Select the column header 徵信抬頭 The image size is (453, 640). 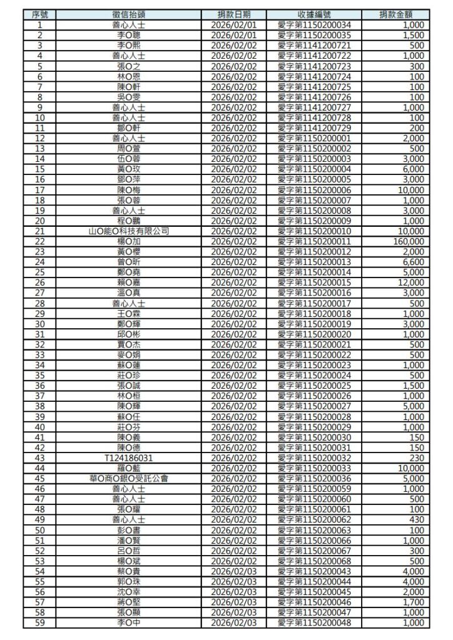click(x=129, y=14)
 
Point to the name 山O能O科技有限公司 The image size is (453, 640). click(x=129, y=231)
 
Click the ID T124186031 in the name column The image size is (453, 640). click(x=129, y=458)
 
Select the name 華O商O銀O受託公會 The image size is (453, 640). click(x=129, y=479)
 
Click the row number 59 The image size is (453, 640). click(x=40, y=623)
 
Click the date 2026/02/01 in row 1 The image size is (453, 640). click(x=234, y=25)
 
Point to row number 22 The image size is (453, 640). click(x=40, y=241)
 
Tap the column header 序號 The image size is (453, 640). click(x=40, y=14)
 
